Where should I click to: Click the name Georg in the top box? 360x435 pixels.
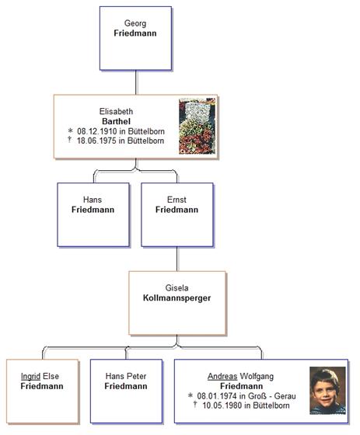pos(135,23)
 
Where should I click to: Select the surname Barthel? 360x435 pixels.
pos(116,121)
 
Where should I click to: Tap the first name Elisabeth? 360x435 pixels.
pos(116,112)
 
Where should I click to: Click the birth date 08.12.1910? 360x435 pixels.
pos(96,131)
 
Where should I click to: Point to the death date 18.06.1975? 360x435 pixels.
pos(96,141)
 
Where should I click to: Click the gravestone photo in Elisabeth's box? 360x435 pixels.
pos(197,126)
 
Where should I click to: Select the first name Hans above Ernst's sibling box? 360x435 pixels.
pos(93,200)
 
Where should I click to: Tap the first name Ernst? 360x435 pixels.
pos(177,200)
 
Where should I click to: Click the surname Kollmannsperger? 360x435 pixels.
pos(177,298)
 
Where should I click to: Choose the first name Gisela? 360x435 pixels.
pos(177,288)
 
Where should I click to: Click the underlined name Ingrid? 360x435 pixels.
pos(30,377)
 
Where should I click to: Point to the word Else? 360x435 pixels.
pos(51,376)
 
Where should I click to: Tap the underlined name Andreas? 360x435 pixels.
pos(222,376)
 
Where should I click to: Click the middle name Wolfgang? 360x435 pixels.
pos(257,377)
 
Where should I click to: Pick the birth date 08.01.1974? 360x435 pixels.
pos(217,396)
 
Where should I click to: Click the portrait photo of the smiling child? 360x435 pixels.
pos(328,391)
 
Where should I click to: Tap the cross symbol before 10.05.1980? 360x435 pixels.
pos(195,404)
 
